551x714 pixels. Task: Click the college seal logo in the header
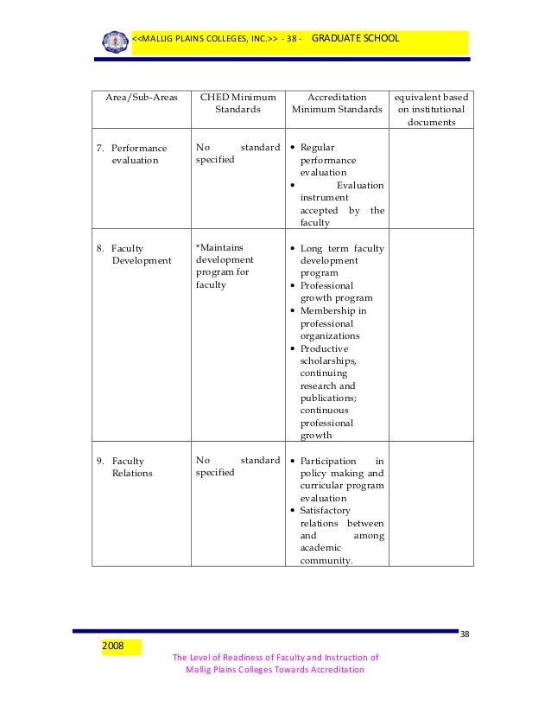coord(115,41)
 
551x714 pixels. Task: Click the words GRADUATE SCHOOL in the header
coord(355,39)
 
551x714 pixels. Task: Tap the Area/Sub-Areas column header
coord(141,98)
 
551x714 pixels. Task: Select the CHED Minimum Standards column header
coord(237,104)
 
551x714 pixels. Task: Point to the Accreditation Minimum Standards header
coord(337,104)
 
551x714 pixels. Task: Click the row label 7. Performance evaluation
coord(136,154)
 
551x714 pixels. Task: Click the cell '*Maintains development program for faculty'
coord(226,266)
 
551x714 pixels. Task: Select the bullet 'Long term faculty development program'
coord(341,260)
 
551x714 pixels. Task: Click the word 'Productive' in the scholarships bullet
coord(324,348)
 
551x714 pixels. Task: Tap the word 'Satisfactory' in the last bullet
coord(329,511)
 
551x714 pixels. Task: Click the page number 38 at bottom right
coord(465,635)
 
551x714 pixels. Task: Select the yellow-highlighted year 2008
coord(113,646)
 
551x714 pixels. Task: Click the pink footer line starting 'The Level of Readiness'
coord(275,656)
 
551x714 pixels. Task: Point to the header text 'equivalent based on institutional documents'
coord(429,110)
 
